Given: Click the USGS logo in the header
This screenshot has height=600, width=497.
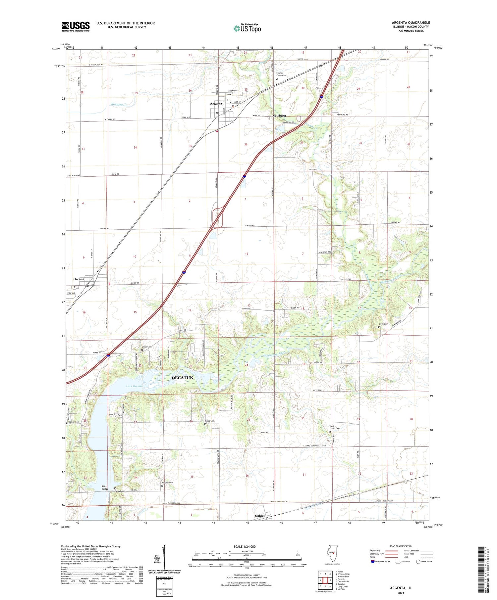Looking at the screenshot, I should click(x=76, y=26).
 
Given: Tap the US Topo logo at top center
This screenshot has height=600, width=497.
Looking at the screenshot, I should click(x=247, y=28).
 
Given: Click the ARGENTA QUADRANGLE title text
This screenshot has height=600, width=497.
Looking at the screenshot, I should click(x=411, y=23).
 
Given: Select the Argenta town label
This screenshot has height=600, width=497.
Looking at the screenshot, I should click(x=216, y=104).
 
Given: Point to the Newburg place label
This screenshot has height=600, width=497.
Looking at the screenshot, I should click(x=279, y=115).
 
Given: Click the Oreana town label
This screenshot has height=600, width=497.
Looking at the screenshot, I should click(x=79, y=279).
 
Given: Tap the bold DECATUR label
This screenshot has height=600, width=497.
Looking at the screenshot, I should click(x=182, y=378).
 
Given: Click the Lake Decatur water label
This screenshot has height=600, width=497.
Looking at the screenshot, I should click(x=135, y=386).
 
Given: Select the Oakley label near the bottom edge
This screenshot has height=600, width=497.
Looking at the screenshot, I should click(x=260, y=516).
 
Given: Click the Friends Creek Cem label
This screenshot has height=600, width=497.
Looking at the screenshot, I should click(x=281, y=74).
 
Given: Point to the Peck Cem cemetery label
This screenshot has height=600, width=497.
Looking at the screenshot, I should click(x=383, y=324).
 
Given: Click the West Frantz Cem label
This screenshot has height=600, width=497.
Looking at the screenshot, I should click(x=334, y=427).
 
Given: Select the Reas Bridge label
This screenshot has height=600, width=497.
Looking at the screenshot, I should click(x=105, y=487).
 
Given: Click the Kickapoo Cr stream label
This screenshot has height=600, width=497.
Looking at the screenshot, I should click(x=119, y=104).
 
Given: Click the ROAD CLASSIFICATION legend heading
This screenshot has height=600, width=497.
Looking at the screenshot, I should click(x=401, y=546).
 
